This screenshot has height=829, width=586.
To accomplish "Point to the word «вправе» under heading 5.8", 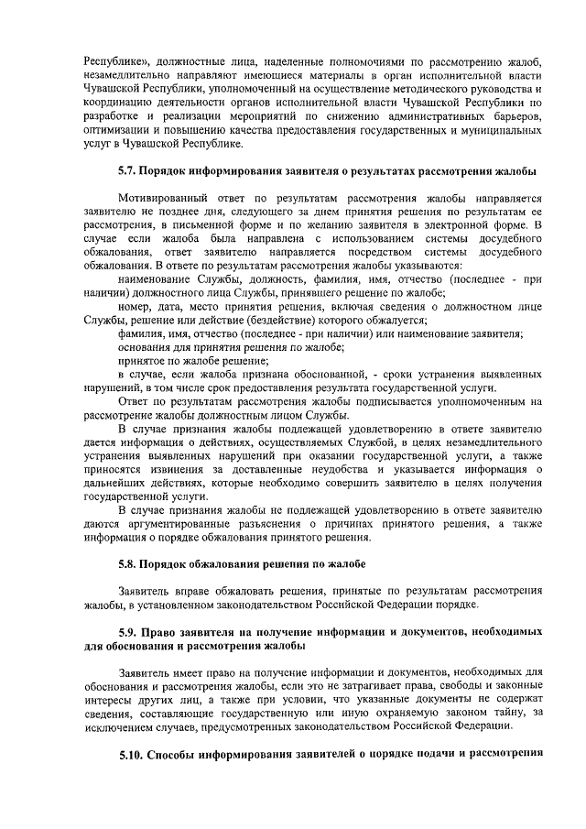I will pyautogui.click(x=192, y=591).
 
